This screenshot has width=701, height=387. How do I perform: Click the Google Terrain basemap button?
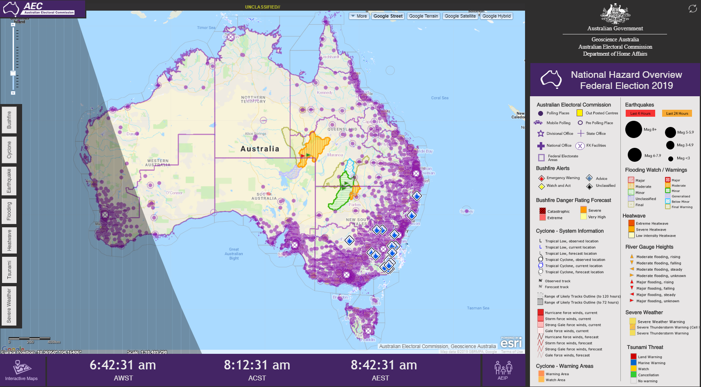(x=424, y=16)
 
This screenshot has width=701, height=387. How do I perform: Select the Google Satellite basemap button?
(x=460, y=16)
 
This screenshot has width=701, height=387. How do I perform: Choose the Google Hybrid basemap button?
(x=496, y=16)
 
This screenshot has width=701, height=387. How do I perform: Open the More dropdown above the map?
(x=359, y=16)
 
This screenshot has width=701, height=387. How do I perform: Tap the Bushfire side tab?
(x=9, y=120)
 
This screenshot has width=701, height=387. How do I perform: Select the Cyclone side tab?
(x=9, y=150)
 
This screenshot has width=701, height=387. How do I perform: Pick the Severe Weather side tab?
(x=9, y=306)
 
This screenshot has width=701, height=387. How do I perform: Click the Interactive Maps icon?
(x=21, y=368)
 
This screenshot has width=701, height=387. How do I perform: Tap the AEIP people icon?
(x=503, y=368)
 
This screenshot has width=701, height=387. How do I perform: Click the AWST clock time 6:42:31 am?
(x=123, y=365)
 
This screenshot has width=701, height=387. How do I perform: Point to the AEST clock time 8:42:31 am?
(x=383, y=365)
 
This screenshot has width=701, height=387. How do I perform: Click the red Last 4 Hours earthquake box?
(x=640, y=113)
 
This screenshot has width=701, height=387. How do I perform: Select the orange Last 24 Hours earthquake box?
(x=677, y=113)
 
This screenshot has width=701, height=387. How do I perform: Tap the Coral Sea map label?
(x=440, y=98)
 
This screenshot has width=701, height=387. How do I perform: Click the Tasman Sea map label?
(x=478, y=308)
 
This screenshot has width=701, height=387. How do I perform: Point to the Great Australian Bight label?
(x=234, y=254)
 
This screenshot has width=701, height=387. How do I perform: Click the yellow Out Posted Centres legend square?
(x=579, y=113)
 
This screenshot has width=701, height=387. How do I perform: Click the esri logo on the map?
(x=511, y=343)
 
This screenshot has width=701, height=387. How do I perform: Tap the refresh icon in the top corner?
(x=692, y=9)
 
